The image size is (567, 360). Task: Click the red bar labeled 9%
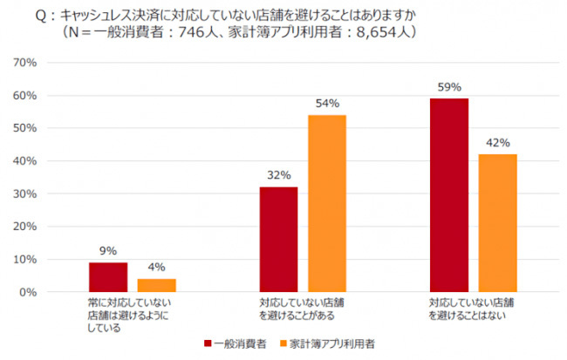(107, 277)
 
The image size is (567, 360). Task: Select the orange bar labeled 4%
(156, 285)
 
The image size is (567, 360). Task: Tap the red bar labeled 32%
(278, 240)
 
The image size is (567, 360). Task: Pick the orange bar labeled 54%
(327, 203)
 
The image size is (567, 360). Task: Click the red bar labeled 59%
(449, 195)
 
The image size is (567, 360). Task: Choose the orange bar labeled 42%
(497, 223)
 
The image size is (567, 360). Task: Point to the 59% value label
(449, 88)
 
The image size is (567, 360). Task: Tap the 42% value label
(497, 143)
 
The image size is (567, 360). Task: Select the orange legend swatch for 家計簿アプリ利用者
(283, 343)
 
